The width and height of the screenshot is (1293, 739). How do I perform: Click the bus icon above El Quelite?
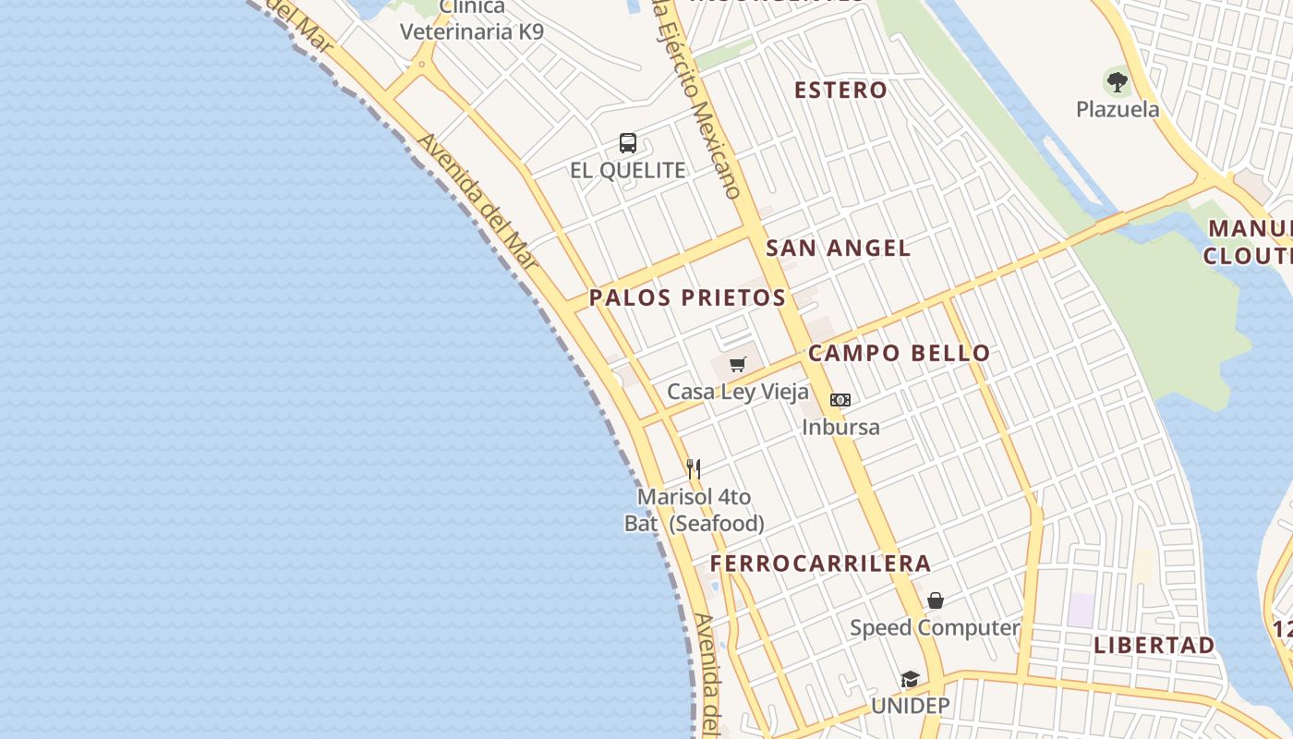(x=628, y=143)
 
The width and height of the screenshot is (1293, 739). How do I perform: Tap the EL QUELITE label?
(x=628, y=170)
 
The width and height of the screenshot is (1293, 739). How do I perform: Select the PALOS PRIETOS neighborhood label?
(x=687, y=297)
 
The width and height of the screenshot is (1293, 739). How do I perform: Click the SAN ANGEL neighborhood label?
(x=838, y=248)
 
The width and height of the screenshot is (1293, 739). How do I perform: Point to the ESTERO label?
(x=840, y=90)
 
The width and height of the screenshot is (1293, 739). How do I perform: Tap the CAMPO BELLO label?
(x=899, y=353)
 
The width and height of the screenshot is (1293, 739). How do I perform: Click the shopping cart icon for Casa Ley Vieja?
(x=737, y=365)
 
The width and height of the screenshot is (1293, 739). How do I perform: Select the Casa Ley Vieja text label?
(x=738, y=392)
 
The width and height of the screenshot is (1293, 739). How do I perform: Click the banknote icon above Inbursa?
(x=840, y=400)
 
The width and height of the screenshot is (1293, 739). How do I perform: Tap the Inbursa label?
(x=840, y=427)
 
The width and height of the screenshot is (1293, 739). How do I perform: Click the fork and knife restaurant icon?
(x=694, y=469)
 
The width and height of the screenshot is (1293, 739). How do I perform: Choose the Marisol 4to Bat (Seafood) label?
(x=695, y=510)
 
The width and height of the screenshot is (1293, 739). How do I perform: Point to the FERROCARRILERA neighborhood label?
(x=820, y=563)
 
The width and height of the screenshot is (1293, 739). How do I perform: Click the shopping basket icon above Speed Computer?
(x=935, y=601)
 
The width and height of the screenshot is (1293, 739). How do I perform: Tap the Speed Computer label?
(x=935, y=628)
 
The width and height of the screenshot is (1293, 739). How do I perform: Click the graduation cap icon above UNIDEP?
(x=910, y=680)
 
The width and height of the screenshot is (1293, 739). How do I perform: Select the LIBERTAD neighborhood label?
(x=1154, y=645)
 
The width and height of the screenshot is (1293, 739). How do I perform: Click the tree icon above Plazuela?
(x=1118, y=82)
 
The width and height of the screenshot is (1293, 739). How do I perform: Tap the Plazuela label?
(x=1118, y=109)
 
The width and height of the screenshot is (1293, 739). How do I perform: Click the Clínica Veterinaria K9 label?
(x=472, y=20)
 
